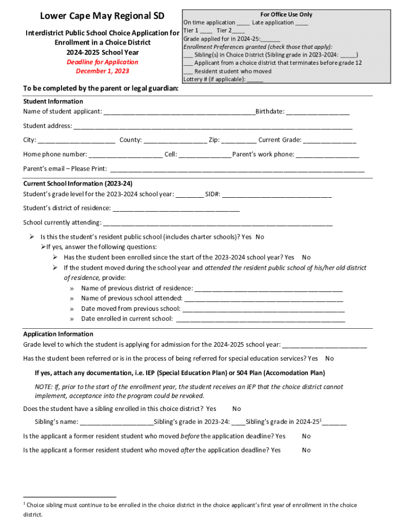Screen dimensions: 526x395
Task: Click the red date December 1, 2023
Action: [x=103, y=71]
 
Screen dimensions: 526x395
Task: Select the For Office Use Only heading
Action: [x=286, y=14]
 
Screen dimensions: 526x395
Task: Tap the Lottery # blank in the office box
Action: [x=255, y=80]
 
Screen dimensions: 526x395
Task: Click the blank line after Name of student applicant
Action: [x=179, y=112]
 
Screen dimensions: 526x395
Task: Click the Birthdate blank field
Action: [x=318, y=112]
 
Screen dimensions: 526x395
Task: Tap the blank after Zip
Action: [x=239, y=140]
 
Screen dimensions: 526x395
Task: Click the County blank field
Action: [x=175, y=140]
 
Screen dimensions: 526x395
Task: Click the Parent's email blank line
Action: [x=237, y=169]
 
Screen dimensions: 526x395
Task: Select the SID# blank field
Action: [x=276, y=195]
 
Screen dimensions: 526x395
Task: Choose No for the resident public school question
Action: [x=260, y=237]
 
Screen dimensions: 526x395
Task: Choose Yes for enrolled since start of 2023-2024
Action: [x=289, y=257]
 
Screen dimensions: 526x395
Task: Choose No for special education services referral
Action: [x=329, y=359]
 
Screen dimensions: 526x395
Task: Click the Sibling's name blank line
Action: [x=117, y=422]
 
